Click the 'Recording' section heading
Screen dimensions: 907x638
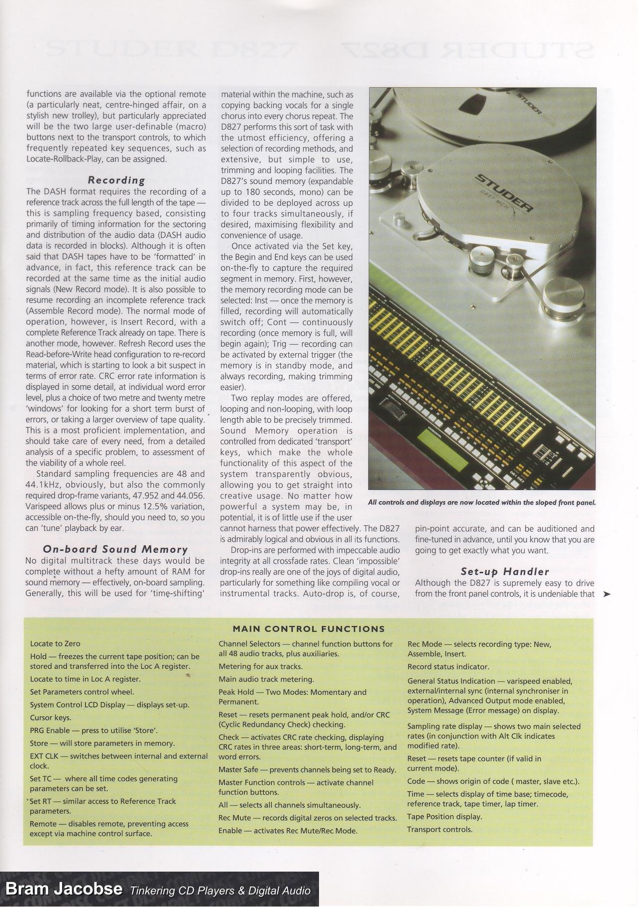click(116, 180)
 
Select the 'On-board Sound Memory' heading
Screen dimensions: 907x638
click(115, 550)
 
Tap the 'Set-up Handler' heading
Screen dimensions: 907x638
click(504, 572)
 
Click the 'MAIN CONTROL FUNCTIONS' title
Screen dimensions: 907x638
click(309, 629)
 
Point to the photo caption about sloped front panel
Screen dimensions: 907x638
click(481, 502)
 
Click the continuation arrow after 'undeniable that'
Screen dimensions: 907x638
click(607, 594)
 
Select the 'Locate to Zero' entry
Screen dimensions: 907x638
click(55, 643)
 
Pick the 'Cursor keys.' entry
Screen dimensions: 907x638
click(50, 718)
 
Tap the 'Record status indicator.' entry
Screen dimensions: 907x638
click(448, 666)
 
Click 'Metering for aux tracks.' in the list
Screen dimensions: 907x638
click(260, 666)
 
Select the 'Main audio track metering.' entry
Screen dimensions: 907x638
click(266, 679)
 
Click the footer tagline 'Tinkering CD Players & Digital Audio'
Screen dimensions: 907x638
click(220, 890)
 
